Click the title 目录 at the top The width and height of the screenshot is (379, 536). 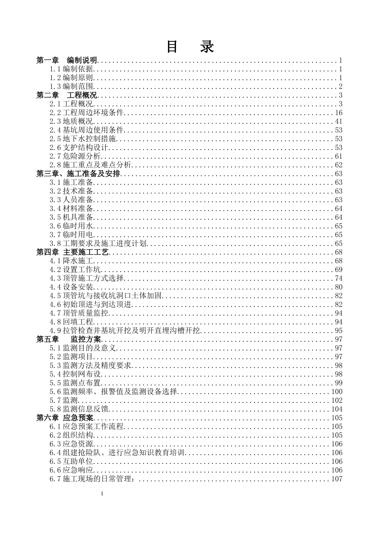click(x=190, y=47)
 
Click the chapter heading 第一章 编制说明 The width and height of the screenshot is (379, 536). click(x=67, y=61)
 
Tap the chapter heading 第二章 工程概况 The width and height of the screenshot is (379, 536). click(x=67, y=95)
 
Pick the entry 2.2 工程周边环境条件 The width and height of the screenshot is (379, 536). click(x=87, y=113)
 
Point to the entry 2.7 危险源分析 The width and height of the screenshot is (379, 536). click(x=75, y=156)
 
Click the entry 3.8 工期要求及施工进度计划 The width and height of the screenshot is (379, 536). click(x=98, y=244)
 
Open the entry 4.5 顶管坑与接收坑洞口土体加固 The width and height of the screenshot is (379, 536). click(x=106, y=296)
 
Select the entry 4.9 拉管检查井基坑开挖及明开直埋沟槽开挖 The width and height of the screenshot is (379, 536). click(x=125, y=331)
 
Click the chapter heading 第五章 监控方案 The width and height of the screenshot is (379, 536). click(x=69, y=339)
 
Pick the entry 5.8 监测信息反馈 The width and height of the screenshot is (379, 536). click(x=79, y=409)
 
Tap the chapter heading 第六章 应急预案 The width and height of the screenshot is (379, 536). click(x=65, y=418)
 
